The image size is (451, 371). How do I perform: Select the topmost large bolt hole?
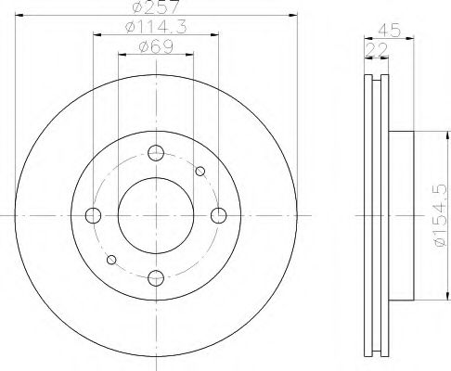pos(156,154)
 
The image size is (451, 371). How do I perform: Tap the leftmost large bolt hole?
pos(93,216)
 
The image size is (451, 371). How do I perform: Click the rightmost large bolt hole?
pos(218,216)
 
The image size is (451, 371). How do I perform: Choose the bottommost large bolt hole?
pos(156,276)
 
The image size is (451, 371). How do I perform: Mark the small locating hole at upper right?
pos(200,171)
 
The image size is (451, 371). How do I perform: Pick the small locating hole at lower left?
pos(112,260)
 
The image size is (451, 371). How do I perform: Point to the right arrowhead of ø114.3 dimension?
pos(216,37)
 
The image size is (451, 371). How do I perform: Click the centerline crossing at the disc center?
pos(156,215)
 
